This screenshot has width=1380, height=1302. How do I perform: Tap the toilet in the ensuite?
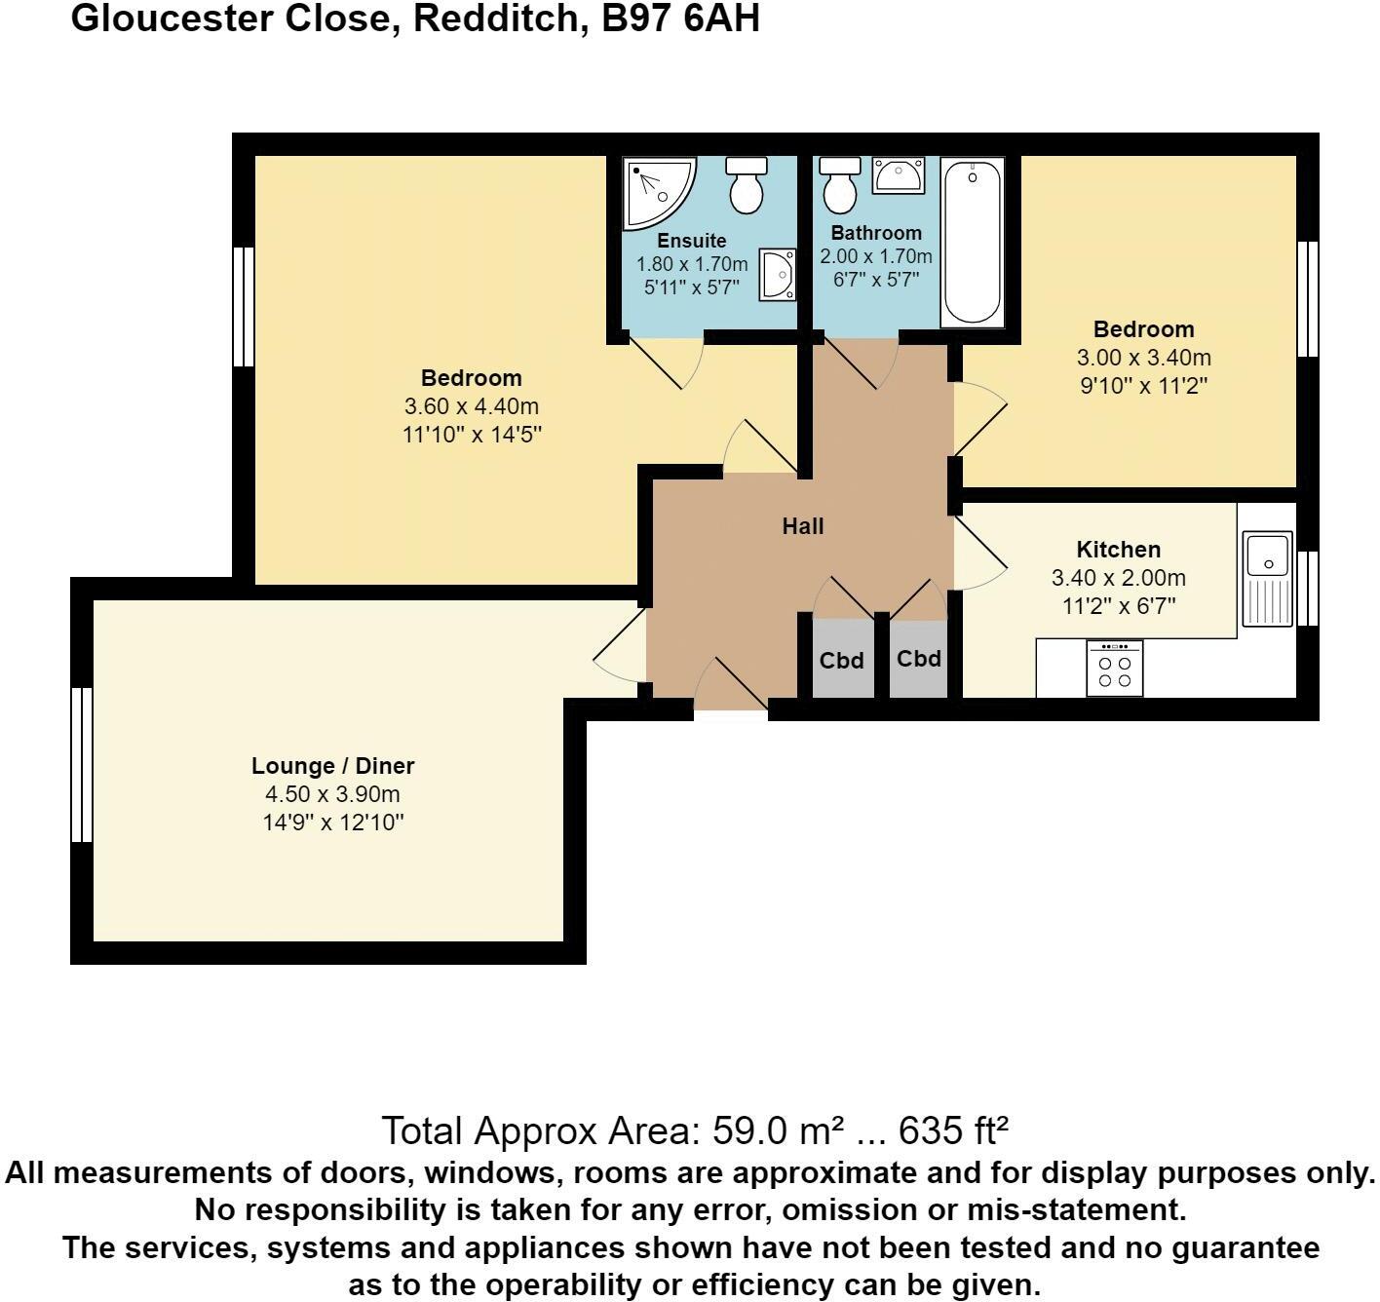coord(747,185)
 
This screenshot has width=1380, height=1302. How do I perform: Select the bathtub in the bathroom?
coord(972,243)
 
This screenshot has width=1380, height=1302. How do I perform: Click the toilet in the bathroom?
coord(839,185)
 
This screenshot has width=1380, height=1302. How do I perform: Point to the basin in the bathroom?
coord(898,176)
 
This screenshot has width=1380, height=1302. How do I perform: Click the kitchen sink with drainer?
coord(1267,578)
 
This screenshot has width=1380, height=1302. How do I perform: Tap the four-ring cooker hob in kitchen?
coord(1114,669)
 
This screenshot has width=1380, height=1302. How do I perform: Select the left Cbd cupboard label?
coord(841,661)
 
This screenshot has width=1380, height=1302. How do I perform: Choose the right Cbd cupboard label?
coord(919,659)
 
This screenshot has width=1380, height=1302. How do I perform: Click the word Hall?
coord(803,526)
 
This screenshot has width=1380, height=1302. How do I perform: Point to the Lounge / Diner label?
coord(333,766)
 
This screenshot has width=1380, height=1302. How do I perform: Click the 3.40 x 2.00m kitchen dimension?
coord(1118,578)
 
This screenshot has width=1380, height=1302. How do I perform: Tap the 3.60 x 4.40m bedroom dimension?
coord(471,406)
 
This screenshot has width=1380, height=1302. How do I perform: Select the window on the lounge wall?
coord(82,765)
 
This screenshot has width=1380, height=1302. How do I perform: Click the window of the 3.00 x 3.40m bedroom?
coord(1309,298)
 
